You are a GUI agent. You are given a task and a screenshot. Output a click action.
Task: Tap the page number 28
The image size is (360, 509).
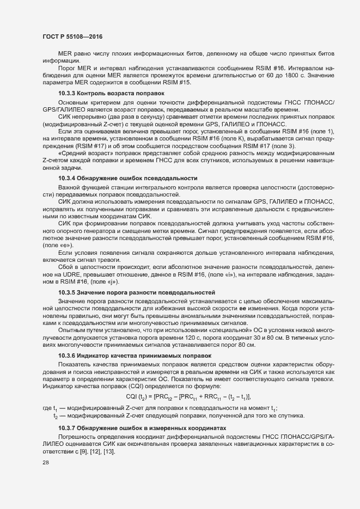pyautogui.click(x=46, y=463)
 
